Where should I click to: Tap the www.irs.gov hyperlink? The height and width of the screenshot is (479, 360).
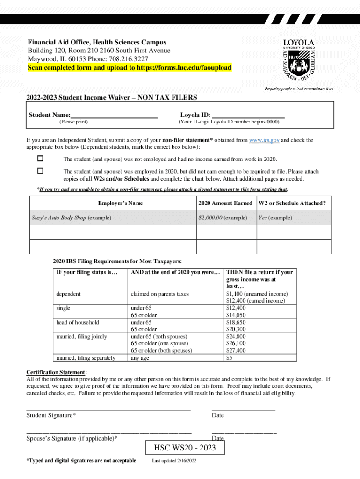264,140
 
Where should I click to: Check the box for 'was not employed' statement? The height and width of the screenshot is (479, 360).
40,159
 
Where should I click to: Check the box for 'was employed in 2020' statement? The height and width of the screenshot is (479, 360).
40,171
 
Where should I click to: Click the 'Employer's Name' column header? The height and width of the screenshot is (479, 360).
120,203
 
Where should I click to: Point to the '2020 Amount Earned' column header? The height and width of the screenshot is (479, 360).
225,203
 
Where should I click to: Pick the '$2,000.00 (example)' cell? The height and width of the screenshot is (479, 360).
223,218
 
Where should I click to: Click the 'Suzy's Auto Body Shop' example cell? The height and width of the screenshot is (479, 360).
72,218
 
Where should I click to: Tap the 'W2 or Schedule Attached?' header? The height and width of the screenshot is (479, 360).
292,203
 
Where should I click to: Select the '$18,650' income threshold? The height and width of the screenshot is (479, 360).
236,322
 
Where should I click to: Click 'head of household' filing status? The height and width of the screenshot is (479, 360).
78,322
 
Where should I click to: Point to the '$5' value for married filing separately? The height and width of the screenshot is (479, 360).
229,358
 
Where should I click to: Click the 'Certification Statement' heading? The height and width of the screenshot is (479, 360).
56,372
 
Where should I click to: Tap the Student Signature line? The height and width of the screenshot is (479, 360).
108,409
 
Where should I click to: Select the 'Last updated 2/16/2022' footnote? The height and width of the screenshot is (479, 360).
174,461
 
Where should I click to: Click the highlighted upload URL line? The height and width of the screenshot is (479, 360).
129,67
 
